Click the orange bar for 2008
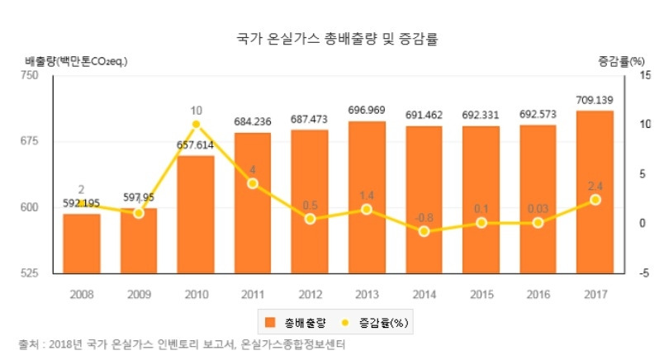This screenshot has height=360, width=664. [81, 244]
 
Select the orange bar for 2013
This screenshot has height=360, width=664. [367, 198]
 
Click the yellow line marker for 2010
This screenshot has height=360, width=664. [196, 125]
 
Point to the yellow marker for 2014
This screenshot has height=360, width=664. [424, 231]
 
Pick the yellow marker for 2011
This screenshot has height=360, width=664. [253, 183]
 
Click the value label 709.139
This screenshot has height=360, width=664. [595, 101]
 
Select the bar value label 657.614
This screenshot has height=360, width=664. [196, 145]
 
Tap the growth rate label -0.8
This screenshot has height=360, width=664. [424, 217]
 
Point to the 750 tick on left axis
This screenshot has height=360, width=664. [31, 76]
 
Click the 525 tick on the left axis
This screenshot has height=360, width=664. [31, 273]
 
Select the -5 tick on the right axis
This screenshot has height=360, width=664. [644, 273]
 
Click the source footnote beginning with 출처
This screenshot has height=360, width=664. [182, 344]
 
